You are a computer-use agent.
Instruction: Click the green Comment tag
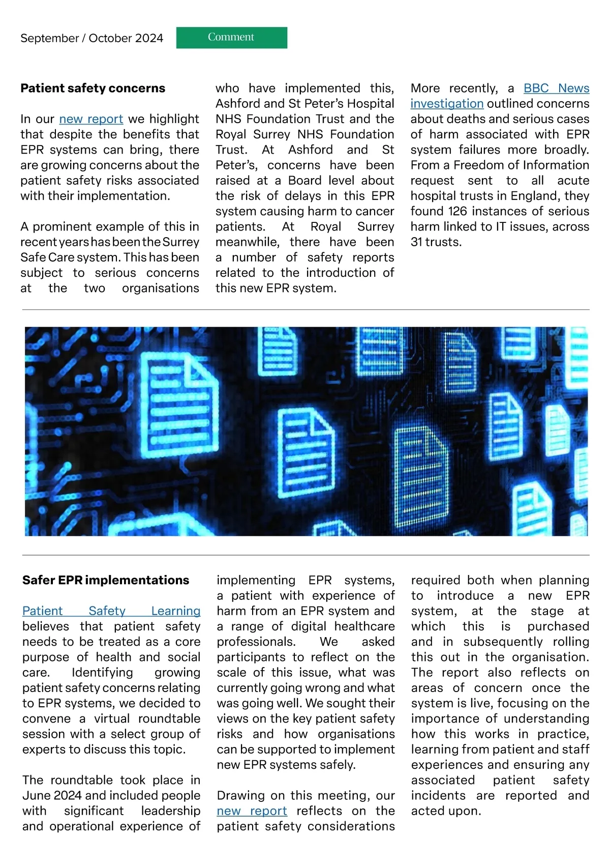(x=231, y=38)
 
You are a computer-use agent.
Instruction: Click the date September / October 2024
(x=91, y=38)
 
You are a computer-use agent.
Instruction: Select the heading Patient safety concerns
(x=93, y=88)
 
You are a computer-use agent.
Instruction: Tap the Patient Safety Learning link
(x=111, y=611)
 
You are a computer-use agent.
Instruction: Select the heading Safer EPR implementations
(x=105, y=580)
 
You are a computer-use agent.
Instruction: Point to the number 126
(x=457, y=211)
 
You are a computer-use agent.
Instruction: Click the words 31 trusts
(x=436, y=242)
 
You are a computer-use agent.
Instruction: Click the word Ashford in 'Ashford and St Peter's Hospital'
(x=237, y=104)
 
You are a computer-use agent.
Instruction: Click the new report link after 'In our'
(x=91, y=119)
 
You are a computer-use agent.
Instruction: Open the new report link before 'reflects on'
(x=252, y=811)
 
